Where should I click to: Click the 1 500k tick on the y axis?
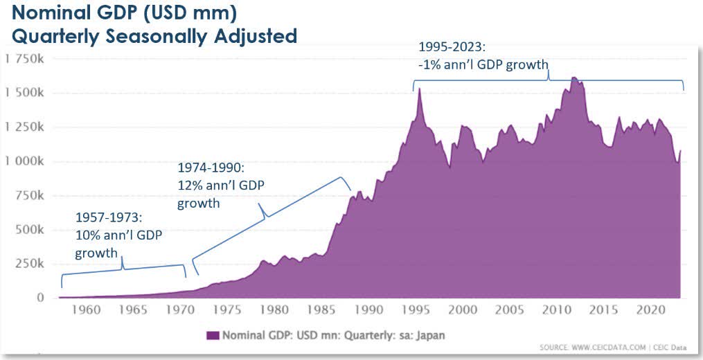pyautogui.click(x=25, y=93)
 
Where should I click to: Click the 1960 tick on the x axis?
pyautogui.click(x=85, y=309)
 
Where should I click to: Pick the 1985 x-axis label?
pyautogui.click(x=321, y=309)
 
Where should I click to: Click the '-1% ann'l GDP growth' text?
pyautogui.click(x=483, y=65)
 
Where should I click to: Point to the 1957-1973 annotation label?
pyautogui.click(x=109, y=218)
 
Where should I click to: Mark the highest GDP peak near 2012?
pyautogui.click(x=574, y=78)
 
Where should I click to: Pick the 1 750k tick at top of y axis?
pyautogui.click(x=25, y=59)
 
